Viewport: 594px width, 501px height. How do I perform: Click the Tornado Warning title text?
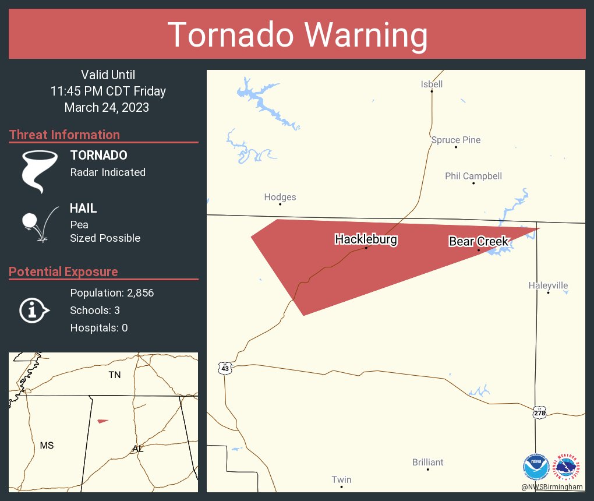297,35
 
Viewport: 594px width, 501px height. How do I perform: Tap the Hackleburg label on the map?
366,239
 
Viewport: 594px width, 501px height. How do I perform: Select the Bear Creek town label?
479,241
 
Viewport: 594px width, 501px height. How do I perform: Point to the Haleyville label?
548,285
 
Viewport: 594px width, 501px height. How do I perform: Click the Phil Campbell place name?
473,176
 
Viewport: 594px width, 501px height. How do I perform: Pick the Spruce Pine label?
456,140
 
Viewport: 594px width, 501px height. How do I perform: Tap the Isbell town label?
432,84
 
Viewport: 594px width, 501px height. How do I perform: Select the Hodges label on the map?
280,197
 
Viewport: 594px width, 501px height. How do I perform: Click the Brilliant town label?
427,462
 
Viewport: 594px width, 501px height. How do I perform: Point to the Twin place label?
341,479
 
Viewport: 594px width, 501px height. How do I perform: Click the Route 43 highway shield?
225,368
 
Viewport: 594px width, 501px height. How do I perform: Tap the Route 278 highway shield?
539,412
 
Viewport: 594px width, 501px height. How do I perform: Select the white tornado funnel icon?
40,171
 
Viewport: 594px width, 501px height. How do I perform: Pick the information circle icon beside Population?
34,310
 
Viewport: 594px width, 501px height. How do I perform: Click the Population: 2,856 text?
112,293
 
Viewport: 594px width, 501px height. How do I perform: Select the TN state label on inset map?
115,375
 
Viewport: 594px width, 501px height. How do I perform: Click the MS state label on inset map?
47,445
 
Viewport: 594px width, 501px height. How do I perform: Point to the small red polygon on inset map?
102,421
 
